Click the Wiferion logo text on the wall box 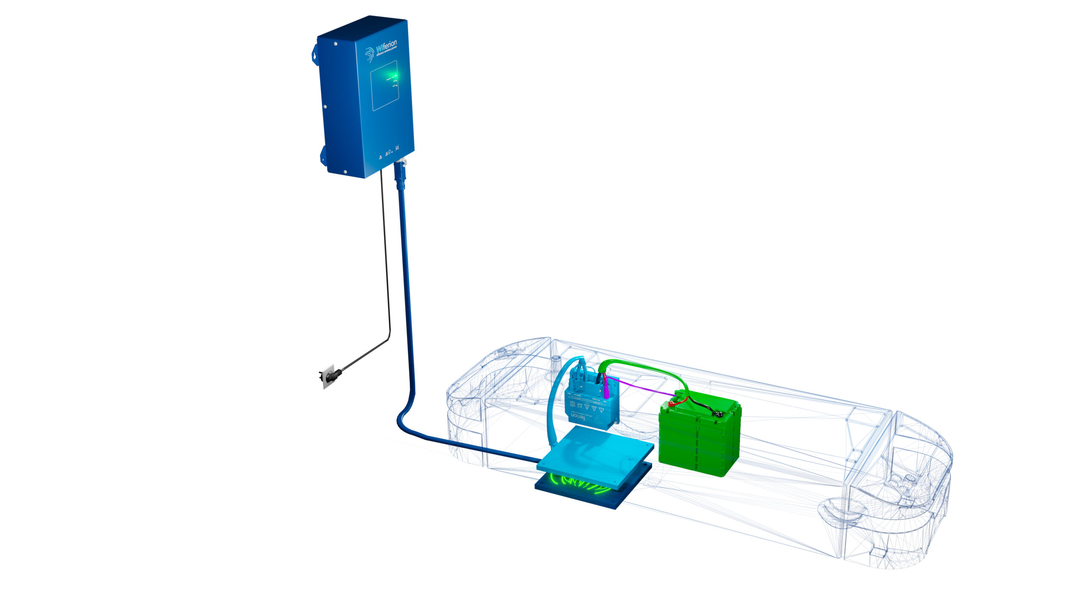pyautogui.click(x=386, y=46)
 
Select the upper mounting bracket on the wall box pyautogui.click(x=315, y=54)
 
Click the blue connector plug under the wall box pyautogui.click(x=400, y=174)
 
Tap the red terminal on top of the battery pyautogui.click(x=672, y=404)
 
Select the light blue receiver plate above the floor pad pyautogui.click(x=594, y=454)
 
